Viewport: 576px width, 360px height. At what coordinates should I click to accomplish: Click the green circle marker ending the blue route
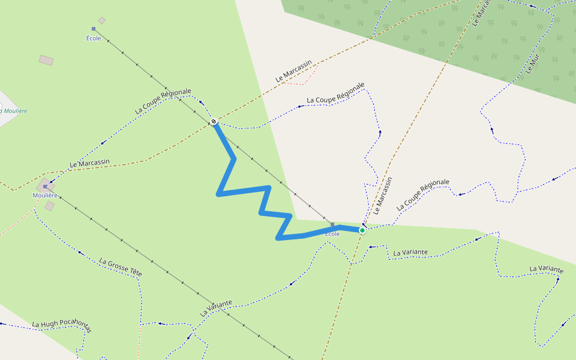362,230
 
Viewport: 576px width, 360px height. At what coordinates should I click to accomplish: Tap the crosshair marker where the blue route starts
214,122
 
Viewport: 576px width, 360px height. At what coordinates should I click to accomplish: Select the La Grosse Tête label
121,267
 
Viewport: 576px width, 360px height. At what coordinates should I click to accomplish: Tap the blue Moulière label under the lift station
45,195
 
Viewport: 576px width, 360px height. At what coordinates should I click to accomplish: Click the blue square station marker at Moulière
45,187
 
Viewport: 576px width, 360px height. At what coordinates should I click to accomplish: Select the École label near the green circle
332,233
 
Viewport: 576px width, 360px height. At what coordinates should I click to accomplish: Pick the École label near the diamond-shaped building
94,38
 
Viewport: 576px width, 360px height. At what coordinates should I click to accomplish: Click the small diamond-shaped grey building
102,20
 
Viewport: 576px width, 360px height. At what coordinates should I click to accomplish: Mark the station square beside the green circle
332,224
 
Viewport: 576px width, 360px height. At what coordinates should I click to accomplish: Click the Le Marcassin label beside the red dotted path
294,71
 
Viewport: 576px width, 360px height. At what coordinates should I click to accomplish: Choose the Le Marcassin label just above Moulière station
90,163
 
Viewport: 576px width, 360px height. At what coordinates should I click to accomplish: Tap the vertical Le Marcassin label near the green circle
382,196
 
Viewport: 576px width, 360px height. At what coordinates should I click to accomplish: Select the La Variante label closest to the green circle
410,252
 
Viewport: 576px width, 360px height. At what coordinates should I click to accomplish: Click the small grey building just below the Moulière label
50,206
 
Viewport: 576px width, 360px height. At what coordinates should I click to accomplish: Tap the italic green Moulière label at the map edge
13,110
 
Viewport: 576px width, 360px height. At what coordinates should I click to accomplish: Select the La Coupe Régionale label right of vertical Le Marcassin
422,194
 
